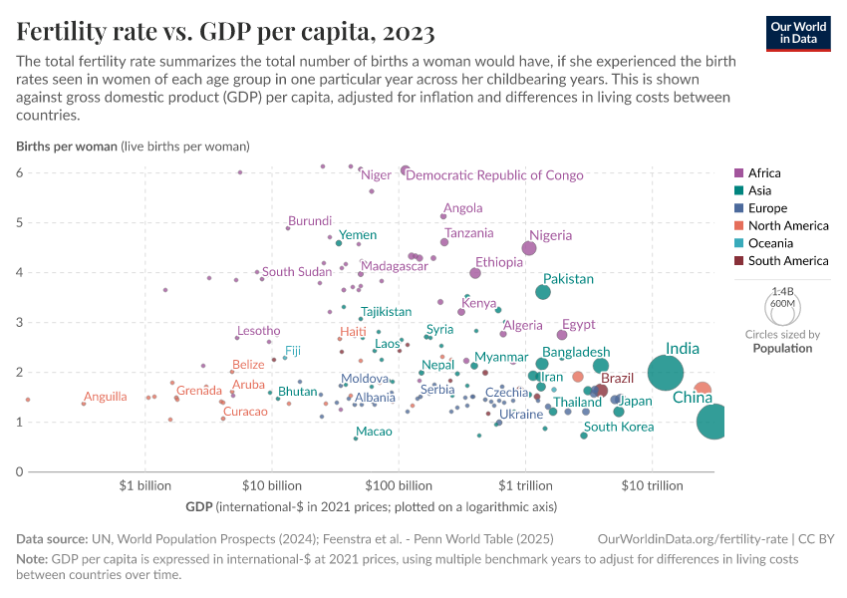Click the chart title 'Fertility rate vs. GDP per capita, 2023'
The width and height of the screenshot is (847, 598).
pos(225,33)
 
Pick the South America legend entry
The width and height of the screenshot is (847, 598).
pos(787,261)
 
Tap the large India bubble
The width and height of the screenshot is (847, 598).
pos(666,373)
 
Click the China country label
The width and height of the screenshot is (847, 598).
pos(693,398)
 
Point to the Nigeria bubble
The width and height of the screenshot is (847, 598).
pos(529,248)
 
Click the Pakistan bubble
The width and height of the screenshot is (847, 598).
pos(543,292)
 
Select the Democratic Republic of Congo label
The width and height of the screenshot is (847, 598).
pos(495,175)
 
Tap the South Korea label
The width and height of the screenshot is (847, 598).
pos(619,428)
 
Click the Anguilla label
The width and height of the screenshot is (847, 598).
pos(105,397)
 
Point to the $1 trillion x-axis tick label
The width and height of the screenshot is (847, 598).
pos(524,486)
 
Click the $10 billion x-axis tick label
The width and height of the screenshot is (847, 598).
pos(271,486)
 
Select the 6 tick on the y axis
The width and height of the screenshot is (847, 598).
pos(19,172)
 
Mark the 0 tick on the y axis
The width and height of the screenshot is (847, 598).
pos(19,471)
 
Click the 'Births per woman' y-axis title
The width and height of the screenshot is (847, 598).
pos(67,147)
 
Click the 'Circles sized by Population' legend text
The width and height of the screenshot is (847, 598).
pos(782,342)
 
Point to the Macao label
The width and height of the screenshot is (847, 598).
pos(374,432)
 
